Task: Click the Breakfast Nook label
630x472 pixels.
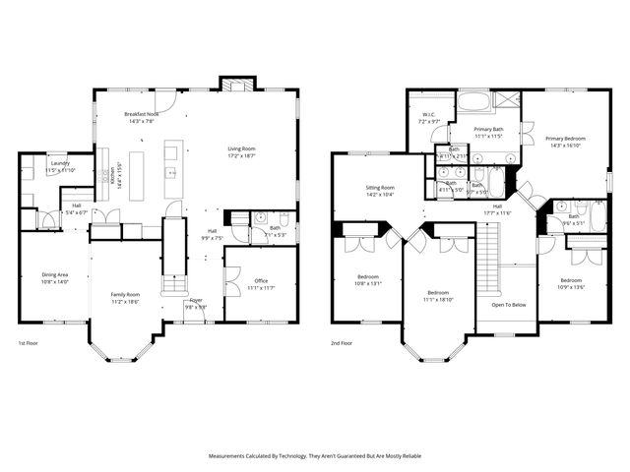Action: pyautogui.click(x=144, y=115)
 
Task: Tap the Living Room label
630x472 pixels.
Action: pyautogui.click(x=241, y=148)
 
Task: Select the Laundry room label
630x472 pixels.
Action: pyautogui.click(x=59, y=163)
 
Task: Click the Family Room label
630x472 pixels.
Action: pyautogui.click(x=124, y=295)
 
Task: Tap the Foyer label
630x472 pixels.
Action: pyautogui.click(x=197, y=300)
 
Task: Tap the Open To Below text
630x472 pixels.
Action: pyautogui.click(x=510, y=305)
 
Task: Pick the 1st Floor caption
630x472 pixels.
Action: pyautogui.click(x=30, y=343)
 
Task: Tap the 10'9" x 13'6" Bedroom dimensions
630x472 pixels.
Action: pyautogui.click(x=571, y=287)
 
